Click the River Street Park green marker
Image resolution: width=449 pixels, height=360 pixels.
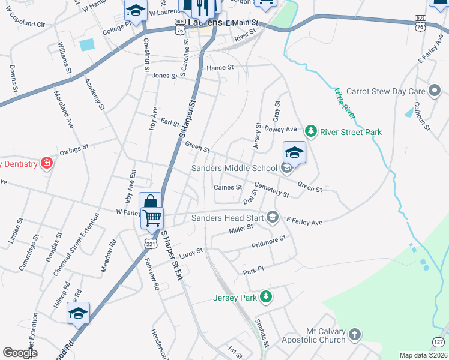[310, 131]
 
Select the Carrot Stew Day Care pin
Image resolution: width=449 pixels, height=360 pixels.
[435, 92]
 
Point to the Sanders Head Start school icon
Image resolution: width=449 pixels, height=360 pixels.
[273, 217]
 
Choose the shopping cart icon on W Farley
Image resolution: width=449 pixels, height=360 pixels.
[152, 217]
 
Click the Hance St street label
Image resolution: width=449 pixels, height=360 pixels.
[220, 68]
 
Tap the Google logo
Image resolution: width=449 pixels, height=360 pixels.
[20, 353]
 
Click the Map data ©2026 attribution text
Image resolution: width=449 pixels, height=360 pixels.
[424, 355]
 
